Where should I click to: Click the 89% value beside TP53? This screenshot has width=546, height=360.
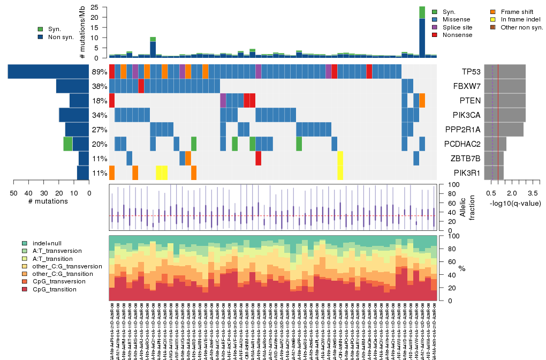(100, 72)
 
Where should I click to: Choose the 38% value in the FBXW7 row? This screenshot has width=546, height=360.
(100, 86)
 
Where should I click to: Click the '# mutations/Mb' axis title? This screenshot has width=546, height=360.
(82, 32)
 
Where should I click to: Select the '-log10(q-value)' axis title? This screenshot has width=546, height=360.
(514, 203)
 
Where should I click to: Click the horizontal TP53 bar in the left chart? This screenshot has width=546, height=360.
(48, 71)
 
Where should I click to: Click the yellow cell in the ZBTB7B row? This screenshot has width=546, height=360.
(340, 159)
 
